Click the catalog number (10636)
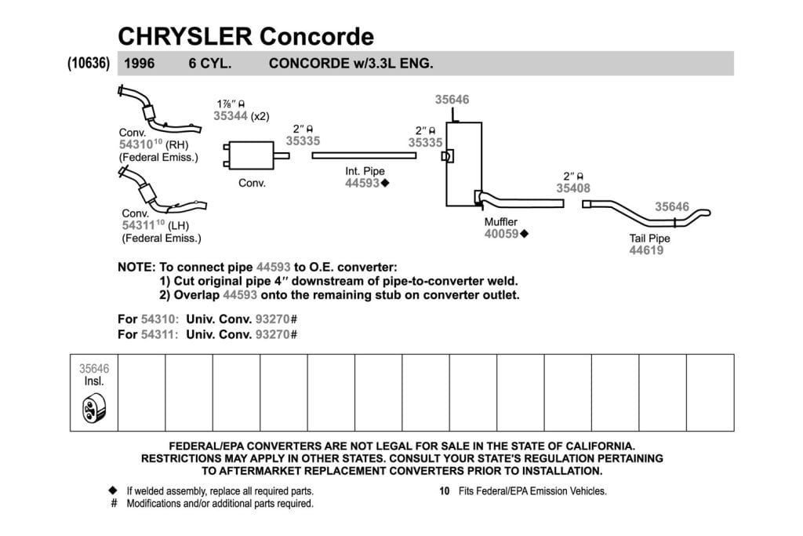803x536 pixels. pyautogui.click(x=89, y=63)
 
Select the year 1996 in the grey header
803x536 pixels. pyautogui.click(x=140, y=64)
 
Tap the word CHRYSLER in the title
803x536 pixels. pyautogui.click(x=185, y=36)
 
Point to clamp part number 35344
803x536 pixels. pyautogui.click(x=231, y=116)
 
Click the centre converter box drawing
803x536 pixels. pyautogui.click(x=252, y=155)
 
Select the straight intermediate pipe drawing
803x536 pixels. pyautogui.click(x=364, y=155)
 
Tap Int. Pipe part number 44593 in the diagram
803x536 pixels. pyautogui.click(x=362, y=183)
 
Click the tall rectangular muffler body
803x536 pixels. pyautogui.click(x=463, y=164)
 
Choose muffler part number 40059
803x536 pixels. pyautogui.click(x=502, y=234)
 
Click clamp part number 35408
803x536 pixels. pyautogui.click(x=573, y=188)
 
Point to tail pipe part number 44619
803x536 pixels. pyautogui.click(x=646, y=250)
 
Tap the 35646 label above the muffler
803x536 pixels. pyautogui.click(x=452, y=100)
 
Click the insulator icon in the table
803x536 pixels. pyautogui.click(x=94, y=408)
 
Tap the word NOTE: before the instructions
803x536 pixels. pyautogui.click(x=136, y=267)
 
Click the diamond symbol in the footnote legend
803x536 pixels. pyautogui.click(x=113, y=490)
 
